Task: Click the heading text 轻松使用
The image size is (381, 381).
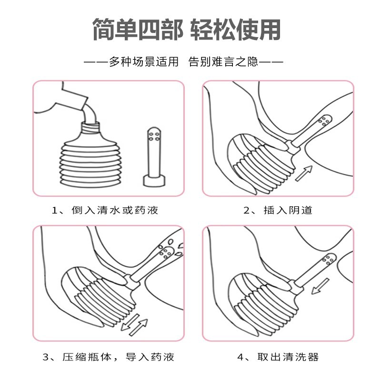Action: [235, 30]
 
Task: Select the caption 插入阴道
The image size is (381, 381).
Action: [284, 210]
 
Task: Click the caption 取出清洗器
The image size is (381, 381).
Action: [284, 356]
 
